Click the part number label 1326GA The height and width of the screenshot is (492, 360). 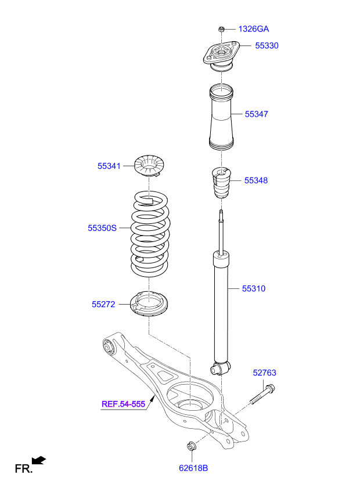pos(254,28)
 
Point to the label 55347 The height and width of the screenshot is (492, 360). pos(256,114)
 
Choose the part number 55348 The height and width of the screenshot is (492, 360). pos(256,180)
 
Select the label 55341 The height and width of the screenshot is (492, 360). pos(109,166)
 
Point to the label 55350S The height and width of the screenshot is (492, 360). pos(102,228)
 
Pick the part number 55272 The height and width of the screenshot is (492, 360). pos(103,303)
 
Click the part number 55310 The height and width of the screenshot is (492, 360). pos(254,288)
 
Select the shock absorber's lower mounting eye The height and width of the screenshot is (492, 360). pos(221,368)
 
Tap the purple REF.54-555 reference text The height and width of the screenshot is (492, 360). pos(123,404)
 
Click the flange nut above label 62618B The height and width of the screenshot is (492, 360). pos(190,446)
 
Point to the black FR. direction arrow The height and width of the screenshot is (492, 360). pos(39,460)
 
